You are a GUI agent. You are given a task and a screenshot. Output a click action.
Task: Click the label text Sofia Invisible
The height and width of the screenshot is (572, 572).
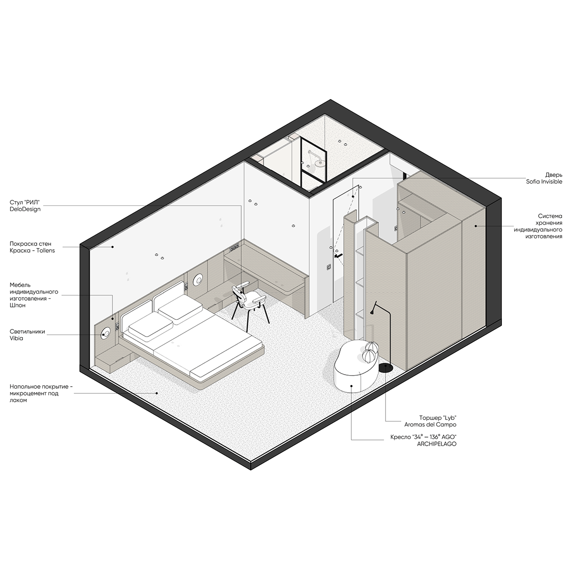click(544, 182)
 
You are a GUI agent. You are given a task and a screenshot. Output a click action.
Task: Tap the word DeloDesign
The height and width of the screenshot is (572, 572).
click(25, 209)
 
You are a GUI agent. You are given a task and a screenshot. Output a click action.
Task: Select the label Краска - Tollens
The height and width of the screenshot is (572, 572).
click(32, 250)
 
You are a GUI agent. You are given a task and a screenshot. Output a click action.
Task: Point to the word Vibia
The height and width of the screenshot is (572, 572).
click(16, 338)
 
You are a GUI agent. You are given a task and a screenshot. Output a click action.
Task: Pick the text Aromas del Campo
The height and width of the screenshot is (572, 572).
click(430, 425)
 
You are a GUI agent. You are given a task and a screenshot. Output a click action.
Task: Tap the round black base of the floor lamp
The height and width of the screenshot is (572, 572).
click(386, 368)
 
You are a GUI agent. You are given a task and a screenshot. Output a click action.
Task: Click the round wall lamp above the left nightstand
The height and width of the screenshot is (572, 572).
click(106, 334)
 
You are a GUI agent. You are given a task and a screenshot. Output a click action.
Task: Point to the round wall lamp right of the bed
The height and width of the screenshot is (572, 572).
click(198, 279)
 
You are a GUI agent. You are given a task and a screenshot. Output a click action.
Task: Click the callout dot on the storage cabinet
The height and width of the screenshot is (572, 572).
click(476, 226)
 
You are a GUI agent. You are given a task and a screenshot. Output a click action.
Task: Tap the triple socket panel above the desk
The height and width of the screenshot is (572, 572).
click(234, 247)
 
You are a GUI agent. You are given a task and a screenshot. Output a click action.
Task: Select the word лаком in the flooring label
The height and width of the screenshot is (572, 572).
click(19, 400)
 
